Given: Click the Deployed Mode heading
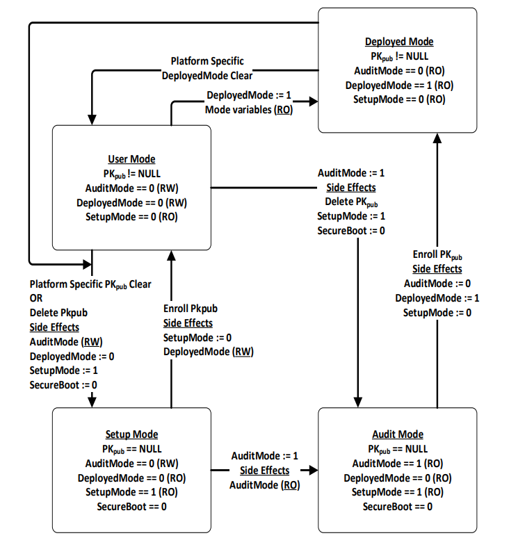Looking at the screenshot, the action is [399, 42].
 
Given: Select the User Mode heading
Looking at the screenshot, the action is [131, 159].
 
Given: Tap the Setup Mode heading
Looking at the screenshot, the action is [131, 434].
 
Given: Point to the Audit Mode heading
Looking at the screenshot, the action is [398, 434].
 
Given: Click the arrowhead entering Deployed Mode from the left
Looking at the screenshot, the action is [314, 101].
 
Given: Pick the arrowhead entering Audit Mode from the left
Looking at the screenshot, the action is [314, 471].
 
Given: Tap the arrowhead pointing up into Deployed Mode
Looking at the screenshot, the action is [437, 138].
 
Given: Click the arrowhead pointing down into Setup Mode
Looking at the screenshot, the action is [92, 402].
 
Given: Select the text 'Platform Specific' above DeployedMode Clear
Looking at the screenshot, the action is [207, 61].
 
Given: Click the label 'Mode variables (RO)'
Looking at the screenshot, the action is [249, 110].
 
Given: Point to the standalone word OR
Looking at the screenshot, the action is [36, 298].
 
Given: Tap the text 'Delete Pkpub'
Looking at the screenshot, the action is [58, 313].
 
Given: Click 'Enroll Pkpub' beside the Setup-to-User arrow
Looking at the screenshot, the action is [191, 309].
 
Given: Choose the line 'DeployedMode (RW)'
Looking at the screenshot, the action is [209, 352].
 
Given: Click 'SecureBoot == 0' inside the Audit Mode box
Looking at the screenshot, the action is [397, 507].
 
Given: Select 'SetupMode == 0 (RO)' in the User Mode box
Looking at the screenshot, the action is [131, 217].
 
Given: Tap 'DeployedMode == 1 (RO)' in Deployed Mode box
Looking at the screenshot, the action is [400, 85].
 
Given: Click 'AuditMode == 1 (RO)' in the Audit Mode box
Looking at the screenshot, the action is [398, 463].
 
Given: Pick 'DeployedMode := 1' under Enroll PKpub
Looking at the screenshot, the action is [437, 298].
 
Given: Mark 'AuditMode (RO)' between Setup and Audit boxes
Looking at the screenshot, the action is [265, 485].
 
